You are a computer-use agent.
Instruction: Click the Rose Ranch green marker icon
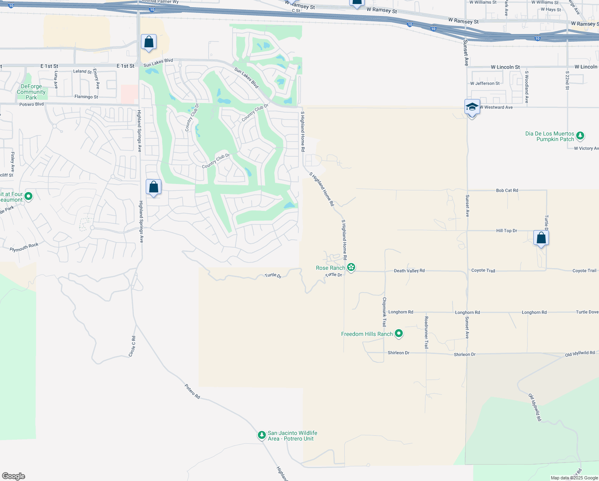point(351,267)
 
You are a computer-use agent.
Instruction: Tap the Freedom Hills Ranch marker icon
point(398,333)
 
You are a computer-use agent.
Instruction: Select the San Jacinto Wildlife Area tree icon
point(261,435)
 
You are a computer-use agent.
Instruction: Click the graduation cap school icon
point(472,107)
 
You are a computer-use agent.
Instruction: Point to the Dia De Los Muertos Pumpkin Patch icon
point(580,136)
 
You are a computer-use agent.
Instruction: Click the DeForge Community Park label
point(31,92)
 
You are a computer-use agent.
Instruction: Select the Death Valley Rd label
point(409,271)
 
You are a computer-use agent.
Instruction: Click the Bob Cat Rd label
point(507,190)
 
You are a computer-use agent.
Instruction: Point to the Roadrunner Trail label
point(426,332)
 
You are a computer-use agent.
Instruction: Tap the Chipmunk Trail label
point(384,312)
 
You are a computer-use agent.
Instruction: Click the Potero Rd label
point(192,391)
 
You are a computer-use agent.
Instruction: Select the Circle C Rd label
point(133,346)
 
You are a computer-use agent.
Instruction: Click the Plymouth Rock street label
point(24,247)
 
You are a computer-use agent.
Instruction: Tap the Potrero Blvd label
point(32,104)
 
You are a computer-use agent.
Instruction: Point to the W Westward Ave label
point(496,107)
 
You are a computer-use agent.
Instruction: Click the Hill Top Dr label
point(507,231)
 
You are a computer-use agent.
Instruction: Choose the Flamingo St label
point(86,97)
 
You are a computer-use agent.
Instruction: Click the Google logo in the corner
point(14,476)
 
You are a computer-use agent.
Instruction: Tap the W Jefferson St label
point(485,83)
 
